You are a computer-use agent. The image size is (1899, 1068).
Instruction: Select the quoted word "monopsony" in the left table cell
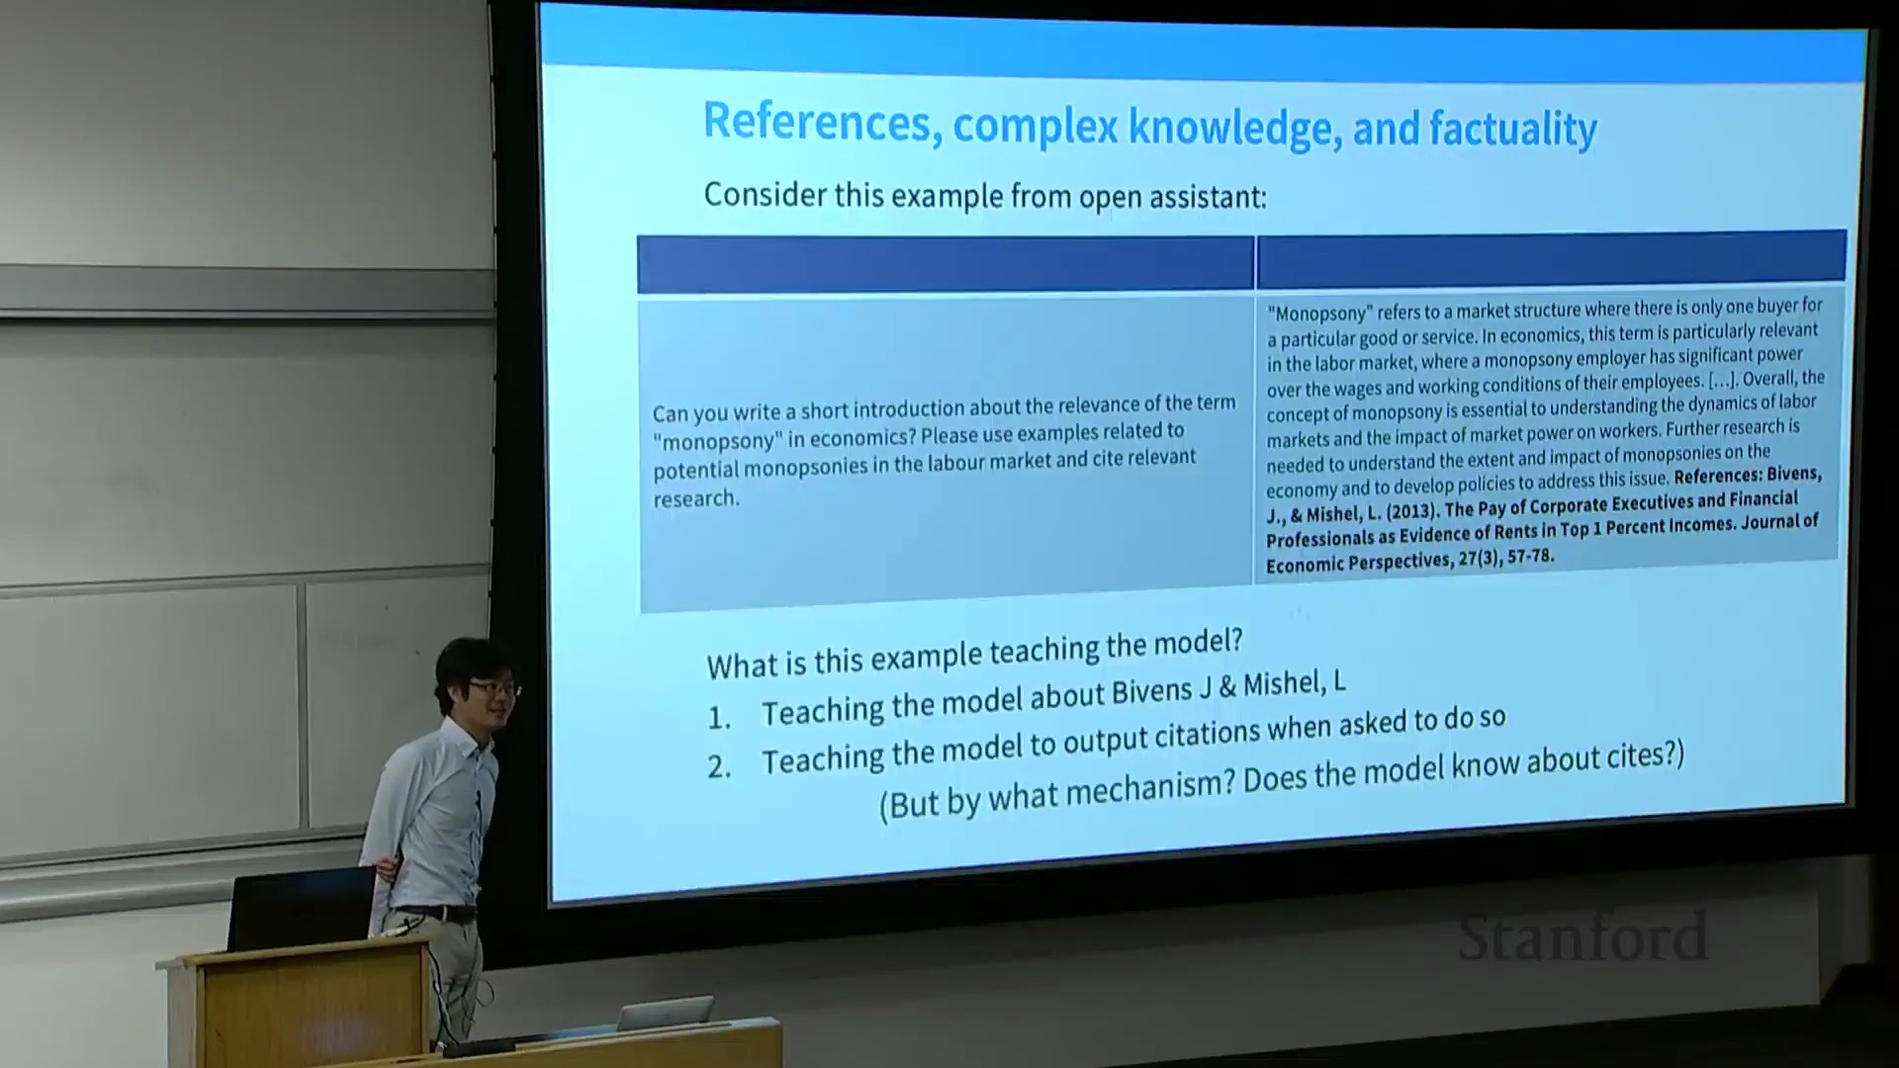(716, 440)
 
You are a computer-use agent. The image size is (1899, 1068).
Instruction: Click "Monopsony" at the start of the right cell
(1319, 313)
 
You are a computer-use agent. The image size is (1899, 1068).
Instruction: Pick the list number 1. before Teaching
(720, 718)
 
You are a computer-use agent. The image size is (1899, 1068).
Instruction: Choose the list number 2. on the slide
(720, 766)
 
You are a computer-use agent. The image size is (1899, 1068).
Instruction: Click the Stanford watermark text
(1582, 937)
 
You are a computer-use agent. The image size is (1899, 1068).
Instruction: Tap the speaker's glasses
(492, 686)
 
